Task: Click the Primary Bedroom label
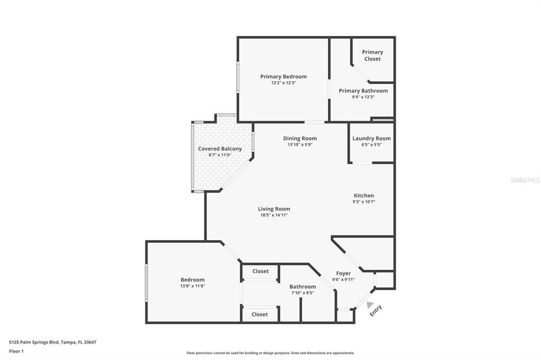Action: tap(283, 77)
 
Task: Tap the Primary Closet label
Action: tap(372, 55)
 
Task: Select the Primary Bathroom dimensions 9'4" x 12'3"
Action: tap(363, 97)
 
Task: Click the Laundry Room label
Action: tap(371, 138)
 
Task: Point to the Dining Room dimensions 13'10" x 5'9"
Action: tap(300, 145)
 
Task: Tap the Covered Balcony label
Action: tap(220, 149)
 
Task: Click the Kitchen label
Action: tap(363, 195)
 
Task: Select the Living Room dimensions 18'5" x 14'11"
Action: tap(274, 215)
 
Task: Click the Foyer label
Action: tap(343, 273)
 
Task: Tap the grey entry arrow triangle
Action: tap(369, 305)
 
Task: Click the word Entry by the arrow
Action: tap(376, 310)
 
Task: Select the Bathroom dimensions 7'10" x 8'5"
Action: tap(303, 293)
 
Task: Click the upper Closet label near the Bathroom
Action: tap(260, 271)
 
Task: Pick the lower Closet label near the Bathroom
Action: tap(259, 315)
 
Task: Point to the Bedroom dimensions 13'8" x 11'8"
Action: tap(192, 286)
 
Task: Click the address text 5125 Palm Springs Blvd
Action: tap(34, 343)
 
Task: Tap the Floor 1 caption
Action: tap(16, 352)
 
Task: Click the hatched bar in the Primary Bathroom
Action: tap(382, 120)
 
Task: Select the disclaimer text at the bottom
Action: tap(270, 353)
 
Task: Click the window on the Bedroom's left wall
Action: tap(146, 283)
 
